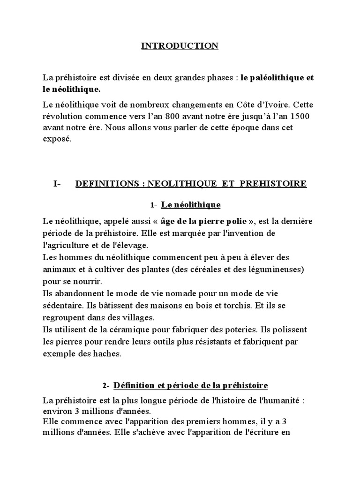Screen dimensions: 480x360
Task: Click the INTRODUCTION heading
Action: click(180, 46)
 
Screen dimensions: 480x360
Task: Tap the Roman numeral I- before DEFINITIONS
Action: click(56, 184)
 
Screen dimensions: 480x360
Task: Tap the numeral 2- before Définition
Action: click(105, 386)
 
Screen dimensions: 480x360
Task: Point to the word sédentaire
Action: click(61, 305)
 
